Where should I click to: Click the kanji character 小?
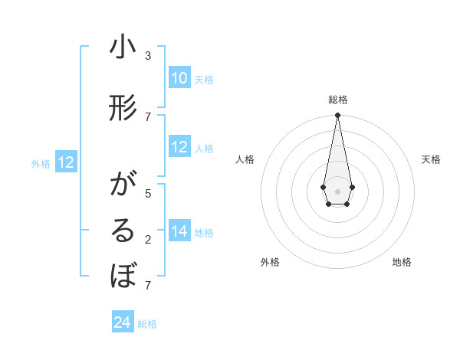coord(123,47)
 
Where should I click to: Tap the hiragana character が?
coord(123,185)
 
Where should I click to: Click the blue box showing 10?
coord(179,78)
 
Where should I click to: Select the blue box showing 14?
coord(179,231)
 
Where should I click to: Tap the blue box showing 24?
coord(123,322)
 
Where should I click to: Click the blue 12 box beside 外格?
coord(66,162)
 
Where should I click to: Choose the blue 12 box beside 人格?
coord(179,147)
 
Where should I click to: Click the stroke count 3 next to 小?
coord(148,55)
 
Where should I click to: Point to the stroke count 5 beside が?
coord(148,193)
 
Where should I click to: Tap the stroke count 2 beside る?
coord(148,239)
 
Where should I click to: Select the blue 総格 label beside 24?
coord(147,324)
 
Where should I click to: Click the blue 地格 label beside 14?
coord(204,232)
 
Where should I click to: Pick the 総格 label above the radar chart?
coord(337,100)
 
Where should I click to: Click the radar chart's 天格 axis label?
coord(431,159)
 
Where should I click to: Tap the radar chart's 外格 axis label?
coord(270,262)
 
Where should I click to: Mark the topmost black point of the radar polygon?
coord(337,116)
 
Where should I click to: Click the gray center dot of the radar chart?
coord(337,191)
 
